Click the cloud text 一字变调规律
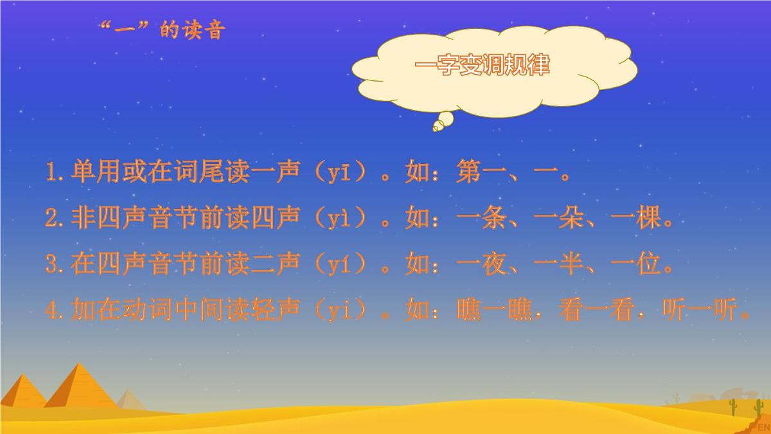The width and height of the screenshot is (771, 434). pyautogui.click(x=483, y=66)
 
